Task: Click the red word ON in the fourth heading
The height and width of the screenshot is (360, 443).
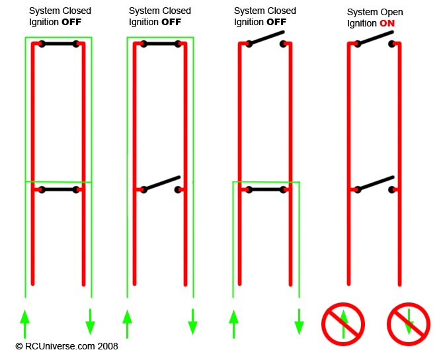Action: coord(387,23)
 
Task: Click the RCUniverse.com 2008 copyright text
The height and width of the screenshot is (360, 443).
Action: coord(67,346)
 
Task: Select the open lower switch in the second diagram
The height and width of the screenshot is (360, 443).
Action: coord(162,185)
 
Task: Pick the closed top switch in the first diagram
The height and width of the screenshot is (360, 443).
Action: coord(59,44)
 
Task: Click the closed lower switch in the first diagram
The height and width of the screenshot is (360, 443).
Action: coord(59,189)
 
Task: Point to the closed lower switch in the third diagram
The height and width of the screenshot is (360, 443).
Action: coord(266,189)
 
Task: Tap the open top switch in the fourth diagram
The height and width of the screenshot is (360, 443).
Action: coord(375,39)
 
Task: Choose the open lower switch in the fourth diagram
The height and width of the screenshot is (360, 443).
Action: coord(375,185)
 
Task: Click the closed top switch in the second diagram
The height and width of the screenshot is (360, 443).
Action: coord(161,44)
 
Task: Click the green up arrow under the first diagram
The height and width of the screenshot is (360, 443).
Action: coord(25,324)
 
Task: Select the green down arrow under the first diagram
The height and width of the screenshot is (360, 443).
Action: coord(90,322)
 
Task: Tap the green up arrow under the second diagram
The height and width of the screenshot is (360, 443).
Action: coord(127,324)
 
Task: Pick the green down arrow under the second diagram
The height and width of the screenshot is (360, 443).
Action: coord(192,322)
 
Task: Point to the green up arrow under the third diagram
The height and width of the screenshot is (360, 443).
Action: coord(233,324)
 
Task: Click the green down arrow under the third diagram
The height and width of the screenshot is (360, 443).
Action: coord(299,322)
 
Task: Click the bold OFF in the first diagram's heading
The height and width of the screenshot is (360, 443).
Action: coord(71,22)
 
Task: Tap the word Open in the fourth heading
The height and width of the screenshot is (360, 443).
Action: coord(391,13)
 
